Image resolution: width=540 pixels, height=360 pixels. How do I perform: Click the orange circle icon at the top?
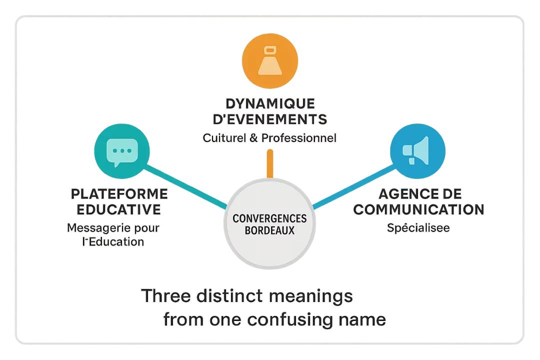tap(270, 60)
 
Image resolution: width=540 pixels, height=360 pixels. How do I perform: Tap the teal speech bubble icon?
tap(122, 151)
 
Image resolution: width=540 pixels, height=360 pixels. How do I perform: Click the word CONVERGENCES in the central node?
tap(270, 219)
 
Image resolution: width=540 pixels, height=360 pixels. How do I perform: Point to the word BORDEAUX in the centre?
tap(270, 230)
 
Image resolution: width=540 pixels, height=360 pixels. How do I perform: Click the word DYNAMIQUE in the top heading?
tap(270, 104)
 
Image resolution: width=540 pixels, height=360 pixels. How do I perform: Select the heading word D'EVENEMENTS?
tap(270, 120)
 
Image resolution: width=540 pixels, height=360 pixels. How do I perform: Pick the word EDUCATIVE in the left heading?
tap(119, 209)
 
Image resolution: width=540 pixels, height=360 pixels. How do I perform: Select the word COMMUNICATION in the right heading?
tap(418, 209)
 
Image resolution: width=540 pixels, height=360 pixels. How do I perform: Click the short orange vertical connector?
tap(270, 163)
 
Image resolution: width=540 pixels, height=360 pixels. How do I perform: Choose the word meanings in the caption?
tap(311, 296)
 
